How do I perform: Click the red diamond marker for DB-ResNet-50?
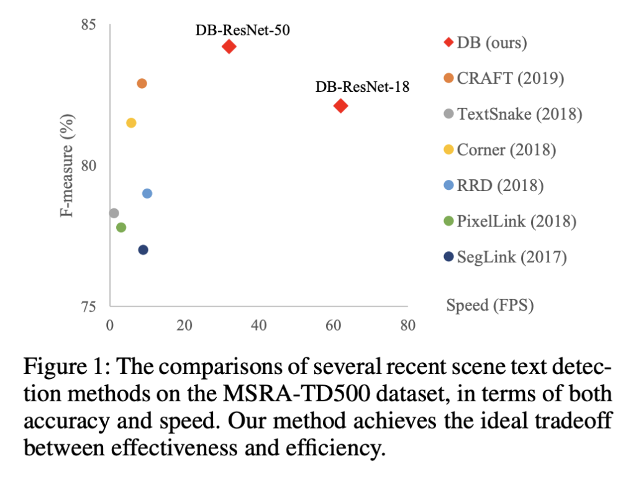click(229, 47)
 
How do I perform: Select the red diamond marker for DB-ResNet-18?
click(340, 106)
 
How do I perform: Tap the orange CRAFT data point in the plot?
click(142, 83)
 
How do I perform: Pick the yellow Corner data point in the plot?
click(131, 123)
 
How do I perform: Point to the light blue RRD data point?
click(147, 194)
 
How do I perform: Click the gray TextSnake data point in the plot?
click(114, 213)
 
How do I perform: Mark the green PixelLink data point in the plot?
click(121, 228)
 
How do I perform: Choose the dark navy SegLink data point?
click(143, 250)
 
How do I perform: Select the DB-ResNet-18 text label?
click(362, 87)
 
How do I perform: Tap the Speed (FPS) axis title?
click(490, 305)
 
